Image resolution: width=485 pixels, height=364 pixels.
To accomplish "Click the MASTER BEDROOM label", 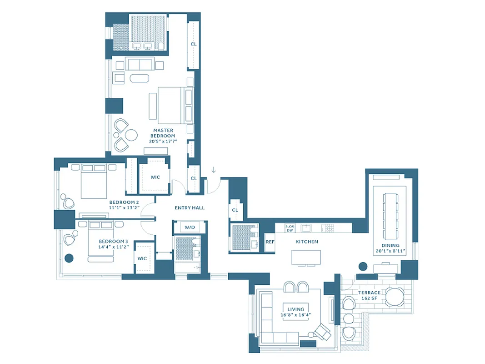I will [163, 133].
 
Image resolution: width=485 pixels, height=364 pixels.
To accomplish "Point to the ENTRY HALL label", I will [190, 208].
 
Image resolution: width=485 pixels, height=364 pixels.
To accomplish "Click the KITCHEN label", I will [307, 242].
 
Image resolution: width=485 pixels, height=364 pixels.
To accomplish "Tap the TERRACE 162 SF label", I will [369, 295].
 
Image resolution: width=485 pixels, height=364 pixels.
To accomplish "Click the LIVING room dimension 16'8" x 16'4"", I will [295, 314].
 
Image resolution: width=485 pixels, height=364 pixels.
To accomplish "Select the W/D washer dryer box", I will [190, 227].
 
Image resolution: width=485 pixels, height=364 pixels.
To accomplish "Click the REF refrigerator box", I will [270, 242].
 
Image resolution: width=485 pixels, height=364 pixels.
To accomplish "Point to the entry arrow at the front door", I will [214, 170].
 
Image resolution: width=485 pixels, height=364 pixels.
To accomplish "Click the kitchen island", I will [306, 257].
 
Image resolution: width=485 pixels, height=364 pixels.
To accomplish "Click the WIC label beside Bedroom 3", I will [142, 258].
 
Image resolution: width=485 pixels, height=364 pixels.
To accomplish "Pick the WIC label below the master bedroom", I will [155, 177].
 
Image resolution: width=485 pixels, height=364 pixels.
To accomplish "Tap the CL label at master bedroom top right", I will [193, 44].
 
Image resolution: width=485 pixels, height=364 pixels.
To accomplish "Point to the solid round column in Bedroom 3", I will [69, 258].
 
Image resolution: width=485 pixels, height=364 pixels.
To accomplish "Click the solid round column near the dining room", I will [363, 267].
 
